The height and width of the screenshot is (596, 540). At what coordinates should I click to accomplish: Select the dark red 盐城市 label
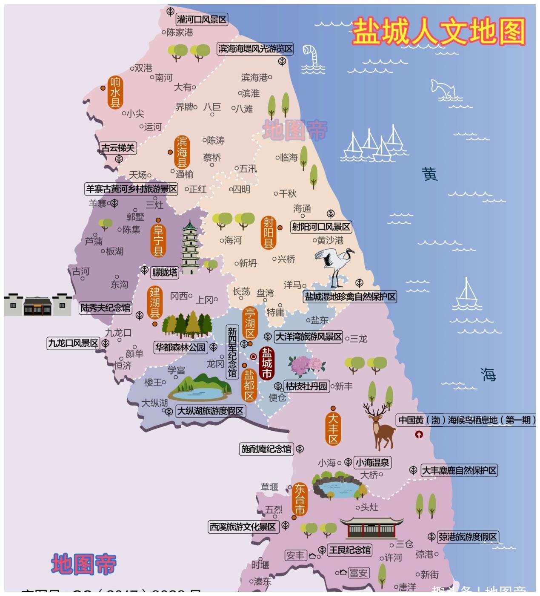267,363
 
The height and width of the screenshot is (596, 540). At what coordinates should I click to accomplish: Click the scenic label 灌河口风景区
202,19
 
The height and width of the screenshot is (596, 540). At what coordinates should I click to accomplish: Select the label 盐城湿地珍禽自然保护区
350,297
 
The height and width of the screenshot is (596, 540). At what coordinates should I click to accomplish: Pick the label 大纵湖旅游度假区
210,411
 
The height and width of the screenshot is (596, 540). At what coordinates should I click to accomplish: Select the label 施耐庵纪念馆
266,449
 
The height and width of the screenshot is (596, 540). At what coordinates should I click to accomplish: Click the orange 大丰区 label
333,428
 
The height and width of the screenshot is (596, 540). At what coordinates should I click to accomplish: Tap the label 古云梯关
118,148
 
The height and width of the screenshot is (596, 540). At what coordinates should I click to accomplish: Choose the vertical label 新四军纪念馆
232,352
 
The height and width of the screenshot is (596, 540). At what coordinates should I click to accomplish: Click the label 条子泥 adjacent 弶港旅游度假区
468,537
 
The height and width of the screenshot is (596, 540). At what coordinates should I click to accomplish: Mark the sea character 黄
430,174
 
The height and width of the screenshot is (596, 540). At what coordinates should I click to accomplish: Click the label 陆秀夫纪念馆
106,308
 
